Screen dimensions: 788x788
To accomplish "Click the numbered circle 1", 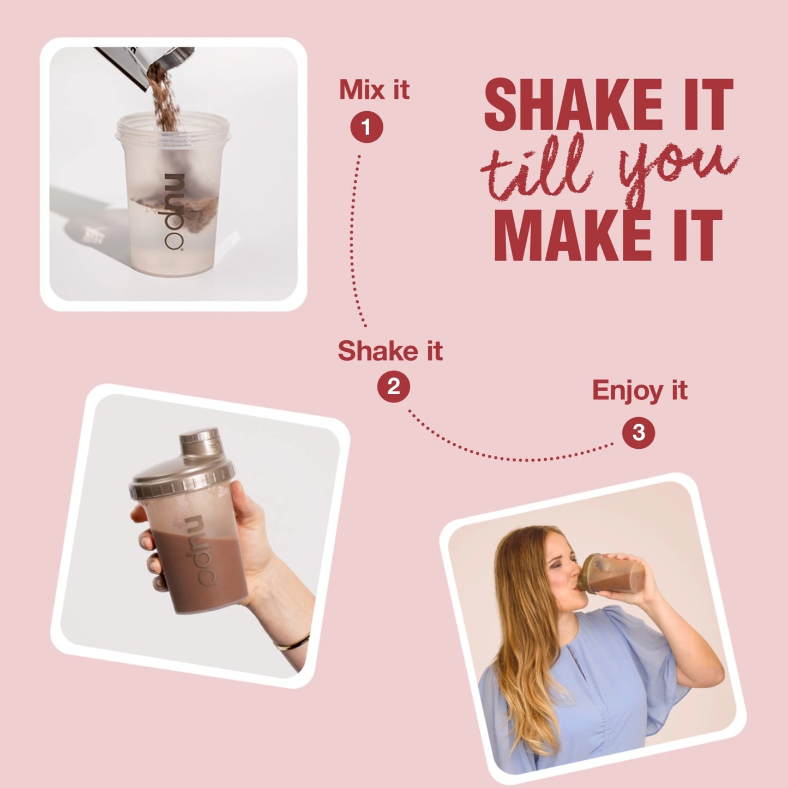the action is (366, 127).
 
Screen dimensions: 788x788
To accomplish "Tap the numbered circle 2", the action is (393, 387).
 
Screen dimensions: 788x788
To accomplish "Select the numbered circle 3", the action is (639, 432).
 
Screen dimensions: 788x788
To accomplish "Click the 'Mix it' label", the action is (374, 89).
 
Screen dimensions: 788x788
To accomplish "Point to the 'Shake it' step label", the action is (390, 351).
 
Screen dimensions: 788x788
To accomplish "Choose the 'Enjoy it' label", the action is (640, 391).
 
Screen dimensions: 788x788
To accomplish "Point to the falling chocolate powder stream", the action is (164, 98).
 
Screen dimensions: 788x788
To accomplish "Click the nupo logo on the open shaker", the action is (175, 212).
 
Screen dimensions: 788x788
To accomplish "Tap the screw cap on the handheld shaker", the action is (200, 442).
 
